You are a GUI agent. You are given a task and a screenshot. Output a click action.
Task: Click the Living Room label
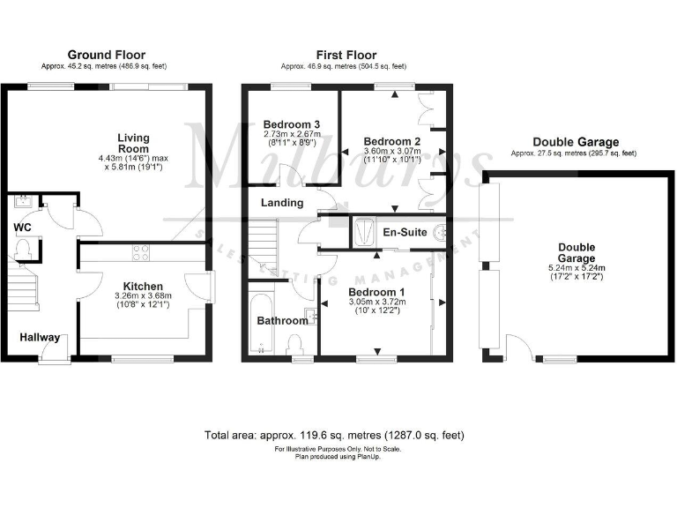click(x=134, y=144)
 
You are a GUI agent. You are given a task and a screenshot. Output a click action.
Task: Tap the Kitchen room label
click(x=142, y=287)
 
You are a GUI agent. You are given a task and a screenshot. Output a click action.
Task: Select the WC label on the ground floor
click(x=23, y=228)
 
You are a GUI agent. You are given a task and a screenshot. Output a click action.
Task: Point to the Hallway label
click(x=41, y=338)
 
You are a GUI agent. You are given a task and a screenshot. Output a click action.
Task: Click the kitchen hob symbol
click(x=140, y=253)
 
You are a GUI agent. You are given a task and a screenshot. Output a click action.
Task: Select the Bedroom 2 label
click(x=392, y=141)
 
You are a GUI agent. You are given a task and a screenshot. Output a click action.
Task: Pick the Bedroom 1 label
click(x=376, y=292)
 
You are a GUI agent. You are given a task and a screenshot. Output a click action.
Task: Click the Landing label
click(x=282, y=203)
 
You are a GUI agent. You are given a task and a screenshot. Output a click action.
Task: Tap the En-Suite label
click(x=405, y=233)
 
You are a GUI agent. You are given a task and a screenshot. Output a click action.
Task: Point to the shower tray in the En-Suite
click(x=363, y=231)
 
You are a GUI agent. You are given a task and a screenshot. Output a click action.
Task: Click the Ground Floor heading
click(x=107, y=55)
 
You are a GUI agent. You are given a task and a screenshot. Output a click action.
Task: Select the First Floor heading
click(x=344, y=55)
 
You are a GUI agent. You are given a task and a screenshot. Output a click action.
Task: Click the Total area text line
click(x=334, y=436)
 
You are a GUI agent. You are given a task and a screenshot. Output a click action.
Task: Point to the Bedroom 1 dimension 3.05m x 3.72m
click(x=376, y=303)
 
